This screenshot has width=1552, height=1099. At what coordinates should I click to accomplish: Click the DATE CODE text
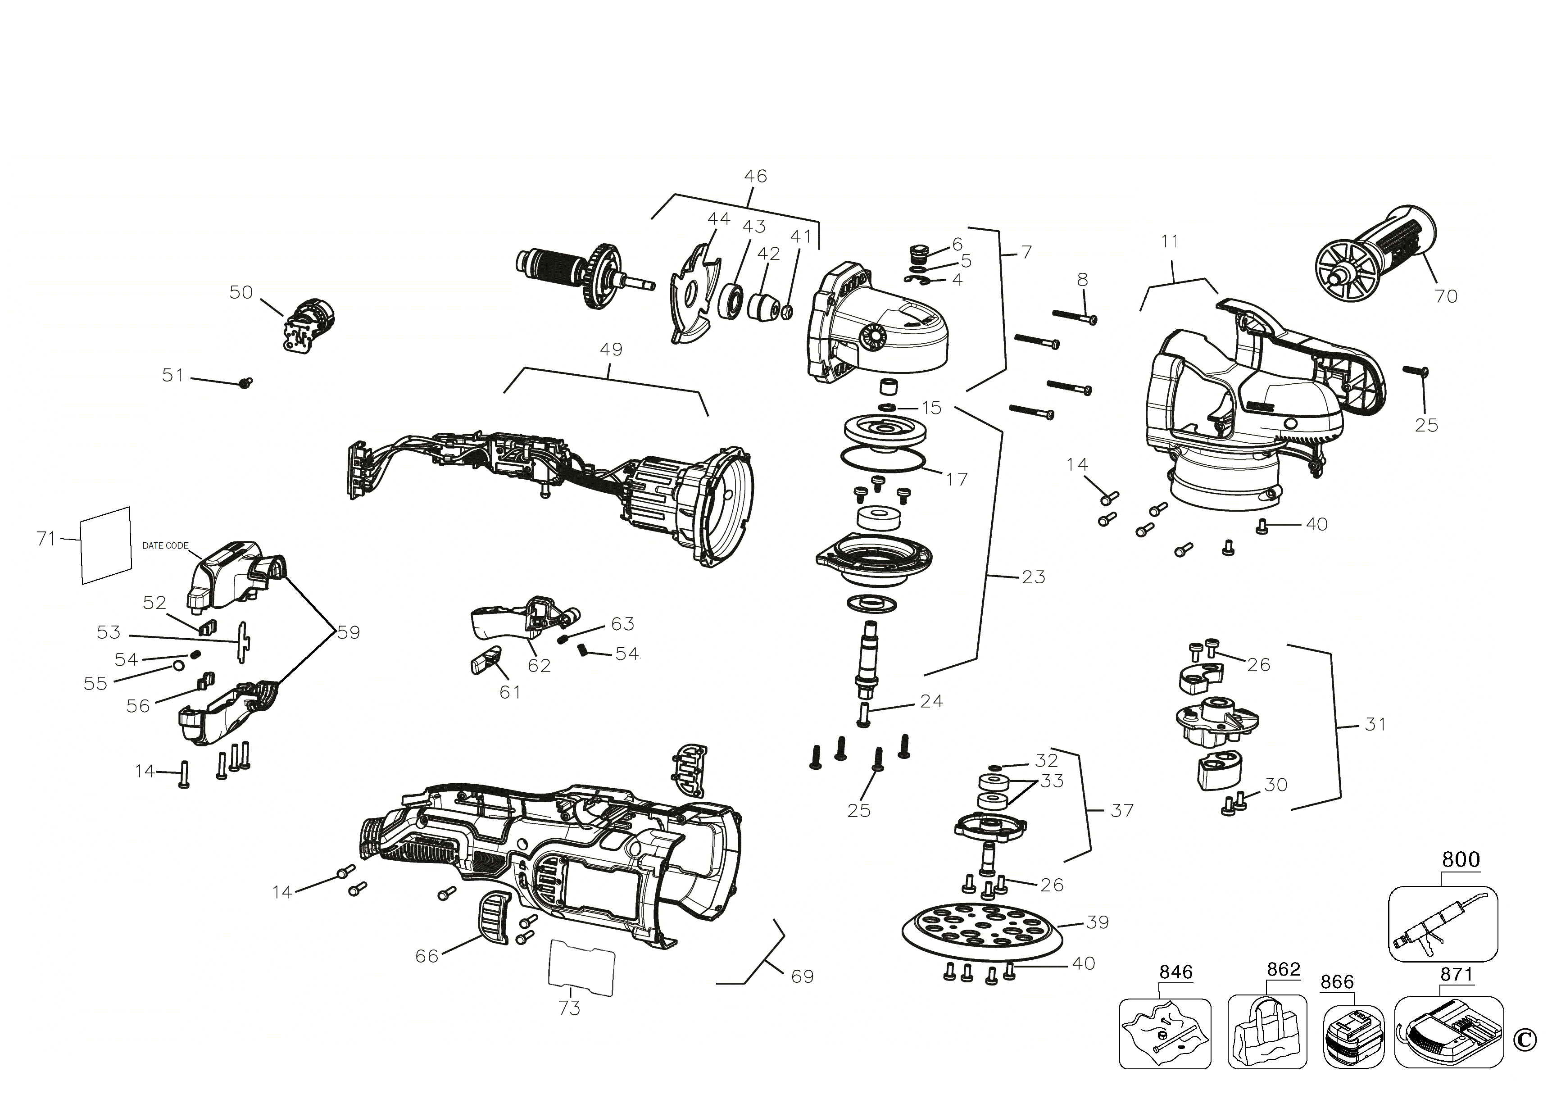(x=165, y=545)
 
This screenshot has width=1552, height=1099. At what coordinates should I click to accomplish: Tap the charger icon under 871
(x=1448, y=1033)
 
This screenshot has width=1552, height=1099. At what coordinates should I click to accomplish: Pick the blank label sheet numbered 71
(x=105, y=545)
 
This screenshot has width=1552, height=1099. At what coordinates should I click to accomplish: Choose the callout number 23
(x=1033, y=577)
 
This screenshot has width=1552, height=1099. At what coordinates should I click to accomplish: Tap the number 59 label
(x=349, y=633)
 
